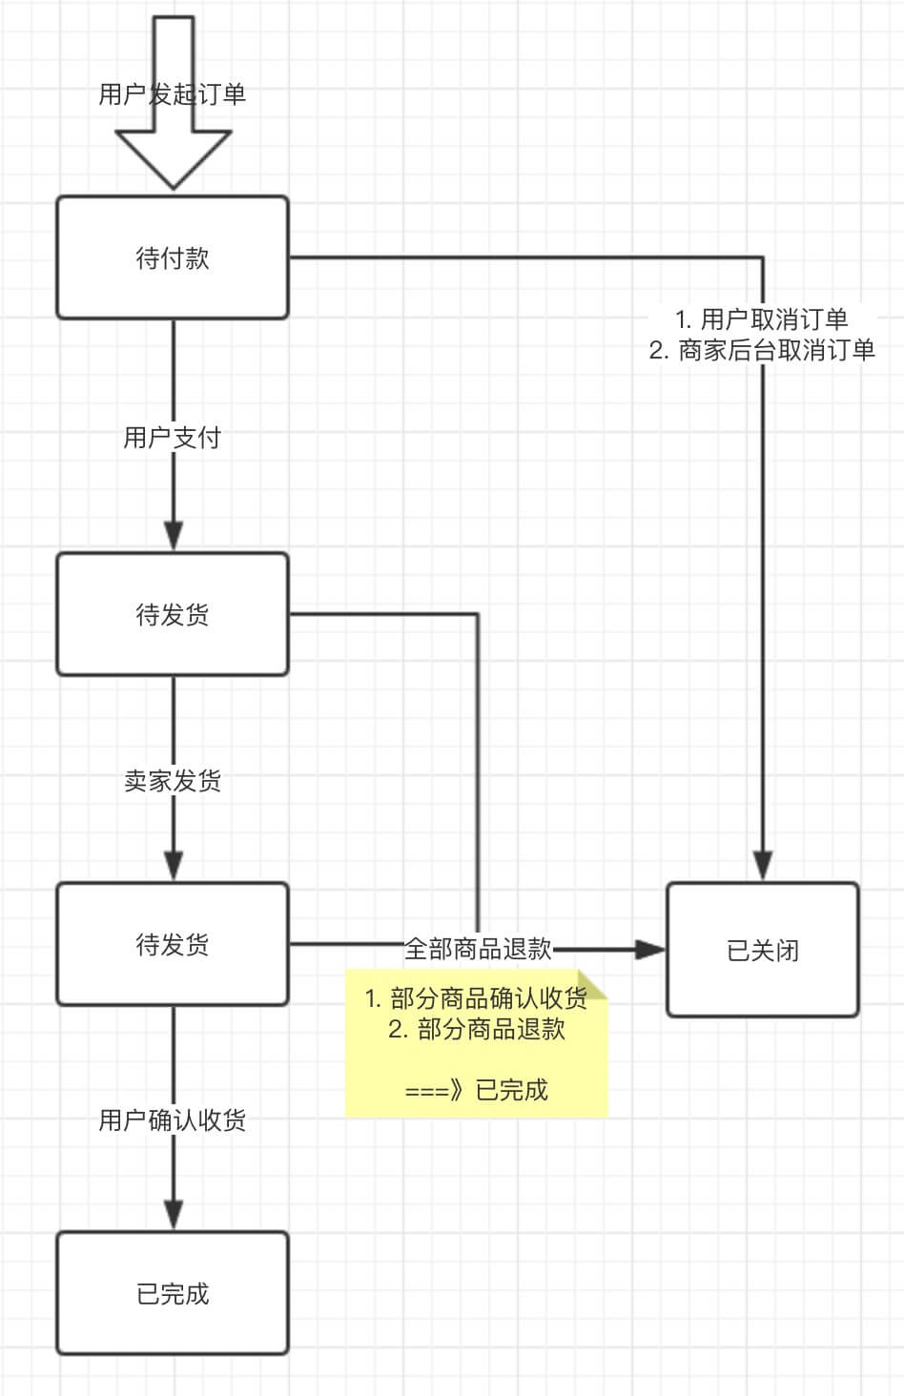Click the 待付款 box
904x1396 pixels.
(x=173, y=257)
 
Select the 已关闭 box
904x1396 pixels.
(x=762, y=950)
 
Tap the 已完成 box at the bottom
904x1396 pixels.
(x=173, y=1293)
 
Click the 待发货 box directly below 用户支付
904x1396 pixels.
(x=173, y=614)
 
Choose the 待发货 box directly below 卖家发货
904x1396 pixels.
(x=173, y=944)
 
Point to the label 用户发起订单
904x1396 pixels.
(x=173, y=94)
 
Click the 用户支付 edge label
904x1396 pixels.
(x=173, y=438)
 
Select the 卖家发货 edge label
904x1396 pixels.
(x=173, y=781)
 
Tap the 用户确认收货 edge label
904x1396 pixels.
(x=173, y=1119)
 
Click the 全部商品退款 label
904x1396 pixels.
(x=478, y=949)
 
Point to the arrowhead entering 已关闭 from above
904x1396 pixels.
(x=762, y=864)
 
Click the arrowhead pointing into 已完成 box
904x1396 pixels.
(x=173, y=1214)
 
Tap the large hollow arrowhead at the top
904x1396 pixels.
(x=174, y=158)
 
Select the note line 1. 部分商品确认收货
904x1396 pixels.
(x=476, y=998)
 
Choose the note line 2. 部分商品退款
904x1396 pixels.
(x=476, y=1029)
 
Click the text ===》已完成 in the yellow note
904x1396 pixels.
(x=476, y=1090)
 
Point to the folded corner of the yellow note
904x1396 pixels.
(x=595, y=984)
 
